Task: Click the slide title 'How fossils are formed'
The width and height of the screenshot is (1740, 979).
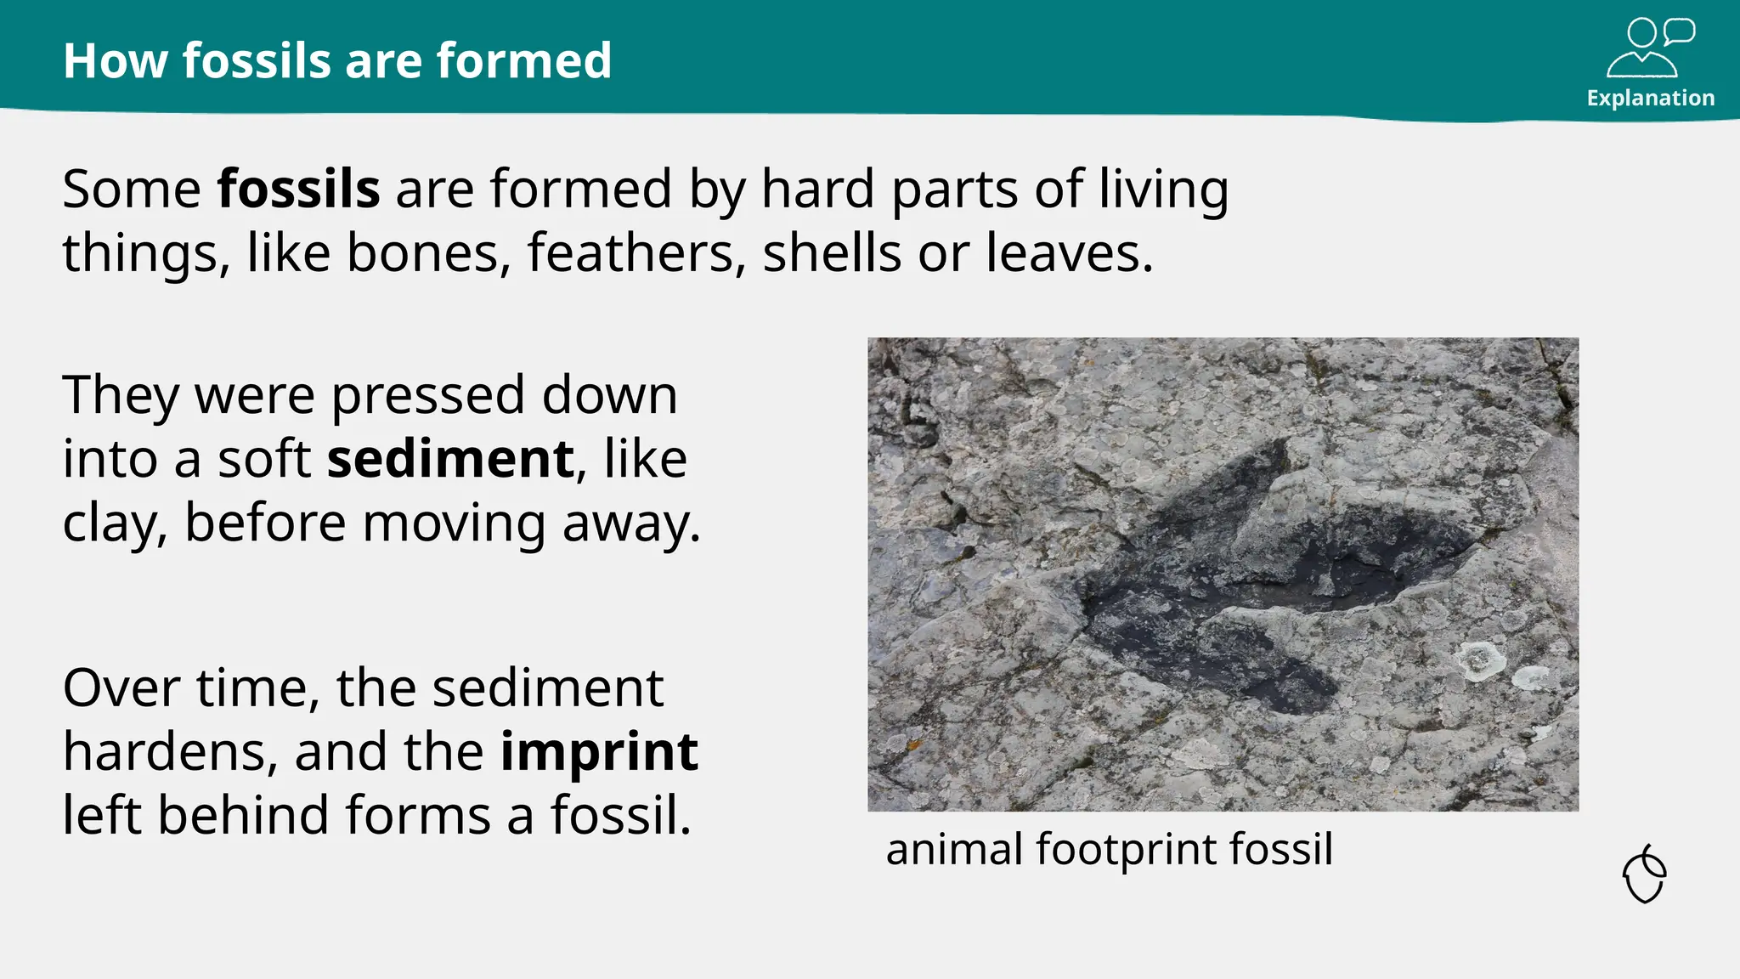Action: point(337,61)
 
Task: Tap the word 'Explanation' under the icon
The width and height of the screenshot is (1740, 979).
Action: point(1650,99)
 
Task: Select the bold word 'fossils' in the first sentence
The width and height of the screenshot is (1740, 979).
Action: point(298,189)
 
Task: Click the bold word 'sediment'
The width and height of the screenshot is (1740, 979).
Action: point(451,460)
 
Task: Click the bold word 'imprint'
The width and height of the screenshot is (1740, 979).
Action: point(599,752)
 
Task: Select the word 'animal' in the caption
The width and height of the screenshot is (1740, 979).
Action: point(953,849)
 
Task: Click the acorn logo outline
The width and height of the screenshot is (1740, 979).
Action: point(1645,874)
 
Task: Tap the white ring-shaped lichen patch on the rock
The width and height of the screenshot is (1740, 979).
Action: point(1479,660)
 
